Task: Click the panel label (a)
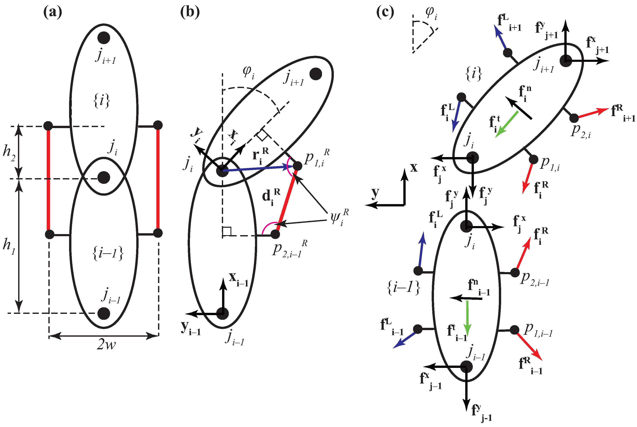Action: [53, 12]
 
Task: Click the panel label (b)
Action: [190, 12]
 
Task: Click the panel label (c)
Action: [385, 12]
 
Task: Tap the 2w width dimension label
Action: [106, 345]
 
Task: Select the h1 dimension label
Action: [9, 245]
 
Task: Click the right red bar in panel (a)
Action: [158, 179]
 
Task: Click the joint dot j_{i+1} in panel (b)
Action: [316, 74]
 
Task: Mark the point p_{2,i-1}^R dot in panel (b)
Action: [275, 234]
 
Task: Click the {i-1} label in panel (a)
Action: [108, 253]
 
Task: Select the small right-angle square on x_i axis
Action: [262, 135]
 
